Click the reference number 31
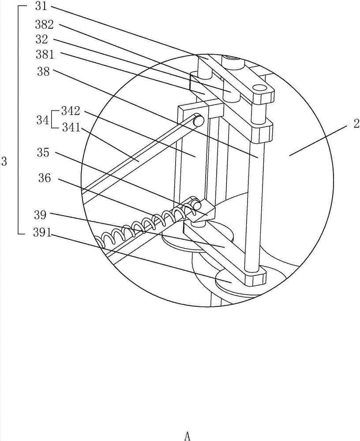pyautogui.click(x=41, y=7)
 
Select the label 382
pyautogui.click(x=45, y=25)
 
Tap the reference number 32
pyautogui.click(x=41, y=39)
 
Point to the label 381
pyautogui.click(x=45, y=54)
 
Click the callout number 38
pyautogui.click(x=43, y=71)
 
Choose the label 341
pyautogui.click(x=71, y=128)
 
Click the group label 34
pyautogui.click(x=42, y=121)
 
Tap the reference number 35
pyautogui.click(x=43, y=152)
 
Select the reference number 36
pyautogui.click(x=45, y=178)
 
